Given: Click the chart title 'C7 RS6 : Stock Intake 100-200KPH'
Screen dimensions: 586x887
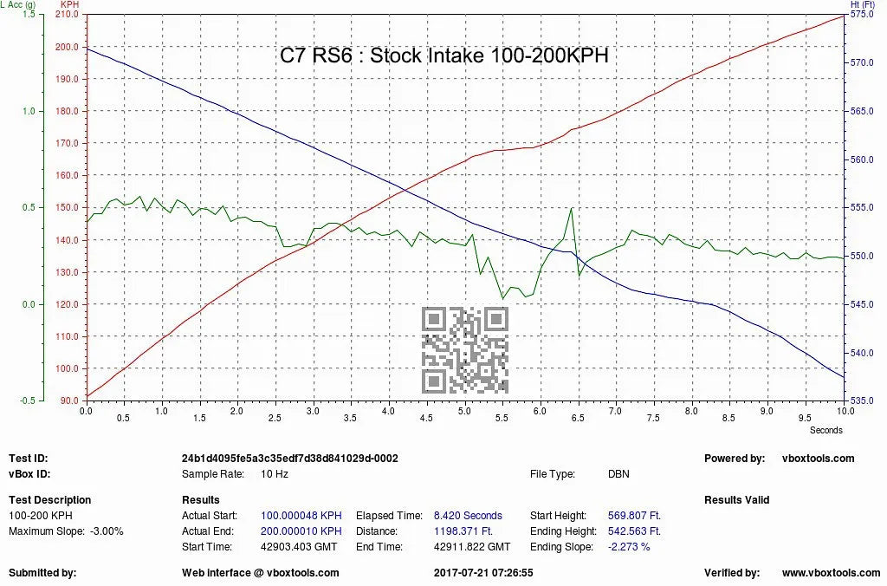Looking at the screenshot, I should [443, 55].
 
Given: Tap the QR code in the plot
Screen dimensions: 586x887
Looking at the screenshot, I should [464, 349].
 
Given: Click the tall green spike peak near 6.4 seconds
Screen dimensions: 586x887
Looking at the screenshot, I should [571, 209].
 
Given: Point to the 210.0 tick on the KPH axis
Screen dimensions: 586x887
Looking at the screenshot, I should [67, 15].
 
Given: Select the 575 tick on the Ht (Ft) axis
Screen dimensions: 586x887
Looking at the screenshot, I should [859, 15].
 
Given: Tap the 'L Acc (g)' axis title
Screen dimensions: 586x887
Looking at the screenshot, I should [18, 4].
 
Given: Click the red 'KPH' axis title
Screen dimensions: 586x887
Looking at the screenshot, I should [68, 4].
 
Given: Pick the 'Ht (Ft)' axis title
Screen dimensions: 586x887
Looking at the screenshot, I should [864, 4].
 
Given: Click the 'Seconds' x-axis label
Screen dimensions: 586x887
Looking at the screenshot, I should [825, 429].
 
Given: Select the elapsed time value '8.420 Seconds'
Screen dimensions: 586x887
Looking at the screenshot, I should [468, 516].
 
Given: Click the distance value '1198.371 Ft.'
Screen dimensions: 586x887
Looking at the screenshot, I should [463, 531].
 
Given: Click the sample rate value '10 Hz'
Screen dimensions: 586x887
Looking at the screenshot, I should [275, 474].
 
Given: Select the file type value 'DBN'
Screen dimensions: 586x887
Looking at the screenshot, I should [618, 474].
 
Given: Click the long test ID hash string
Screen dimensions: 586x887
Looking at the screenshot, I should [289, 459].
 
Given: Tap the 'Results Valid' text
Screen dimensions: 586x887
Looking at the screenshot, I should [736, 500].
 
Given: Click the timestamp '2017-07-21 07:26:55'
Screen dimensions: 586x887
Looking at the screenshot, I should [483, 573].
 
